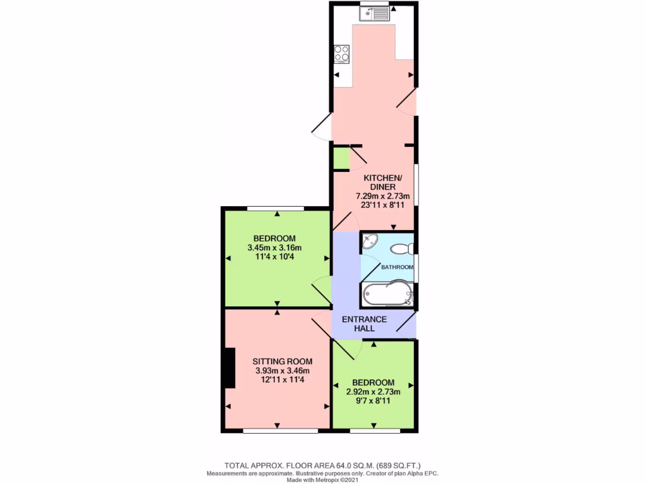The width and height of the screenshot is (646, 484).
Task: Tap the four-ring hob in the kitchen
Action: pos(342,54)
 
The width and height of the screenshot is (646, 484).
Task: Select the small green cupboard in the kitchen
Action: pos(341,158)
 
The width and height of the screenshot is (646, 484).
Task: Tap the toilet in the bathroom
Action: pos(401,249)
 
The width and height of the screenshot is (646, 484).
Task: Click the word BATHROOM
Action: pos(397,267)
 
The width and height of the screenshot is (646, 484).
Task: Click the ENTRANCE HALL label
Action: pos(364,324)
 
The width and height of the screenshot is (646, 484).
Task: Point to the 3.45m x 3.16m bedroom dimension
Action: pos(274,247)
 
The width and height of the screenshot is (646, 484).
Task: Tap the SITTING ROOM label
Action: pos(282,361)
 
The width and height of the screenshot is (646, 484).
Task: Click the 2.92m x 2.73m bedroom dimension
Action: pos(373,391)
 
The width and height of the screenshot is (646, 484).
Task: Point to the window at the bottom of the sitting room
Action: pos(280,431)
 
